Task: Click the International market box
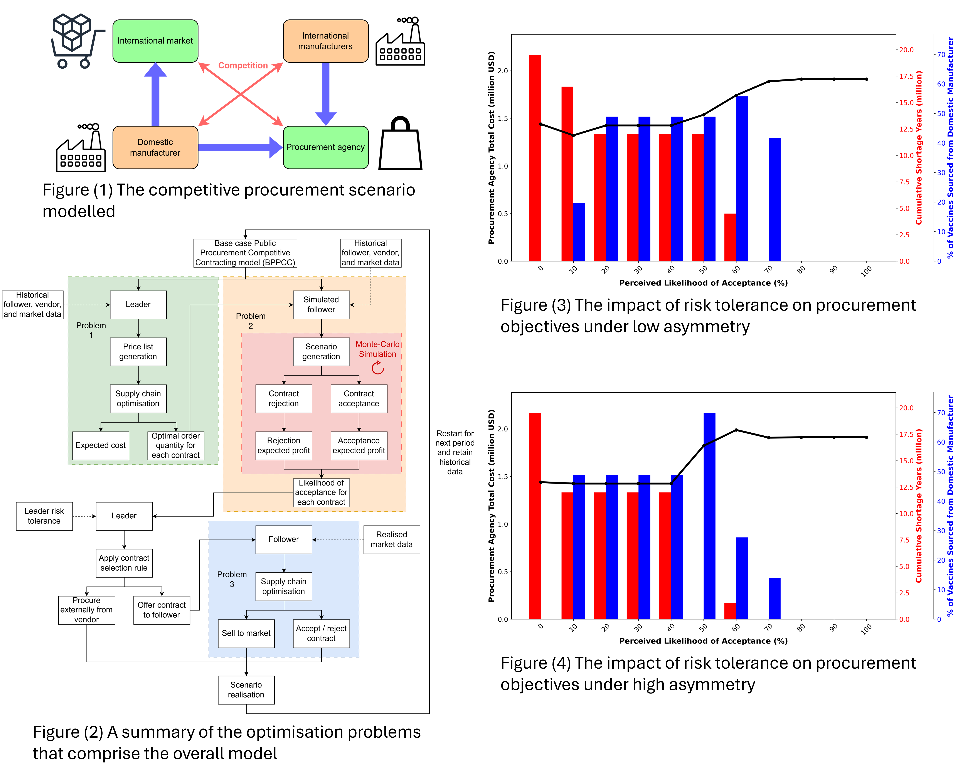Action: pyautogui.click(x=155, y=41)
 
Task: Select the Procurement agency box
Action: pyautogui.click(x=325, y=147)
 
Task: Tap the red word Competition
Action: pyautogui.click(x=243, y=66)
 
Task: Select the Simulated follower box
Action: pyautogui.click(x=321, y=305)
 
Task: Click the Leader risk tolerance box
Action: pyautogui.click(x=44, y=516)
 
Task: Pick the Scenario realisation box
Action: pyautogui.click(x=246, y=690)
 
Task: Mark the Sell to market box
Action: pyautogui.click(x=246, y=633)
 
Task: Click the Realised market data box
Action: pyautogui.click(x=391, y=539)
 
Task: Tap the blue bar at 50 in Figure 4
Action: pyautogui.click(x=709, y=516)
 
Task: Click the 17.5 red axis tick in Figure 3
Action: pyautogui.click(x=906, y=76)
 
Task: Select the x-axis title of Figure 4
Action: pyautogui.click(x=703, y=641)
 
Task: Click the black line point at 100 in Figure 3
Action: pyautogui.click(x=866, y=79)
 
